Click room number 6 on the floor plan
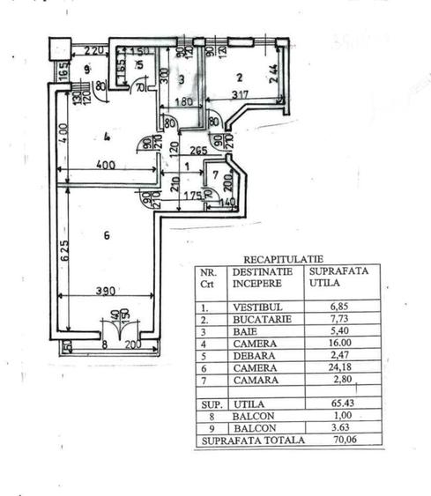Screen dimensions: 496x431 coord(106,235)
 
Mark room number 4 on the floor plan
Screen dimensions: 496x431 coord(105,136)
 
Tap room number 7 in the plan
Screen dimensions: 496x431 coord(214,173)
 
